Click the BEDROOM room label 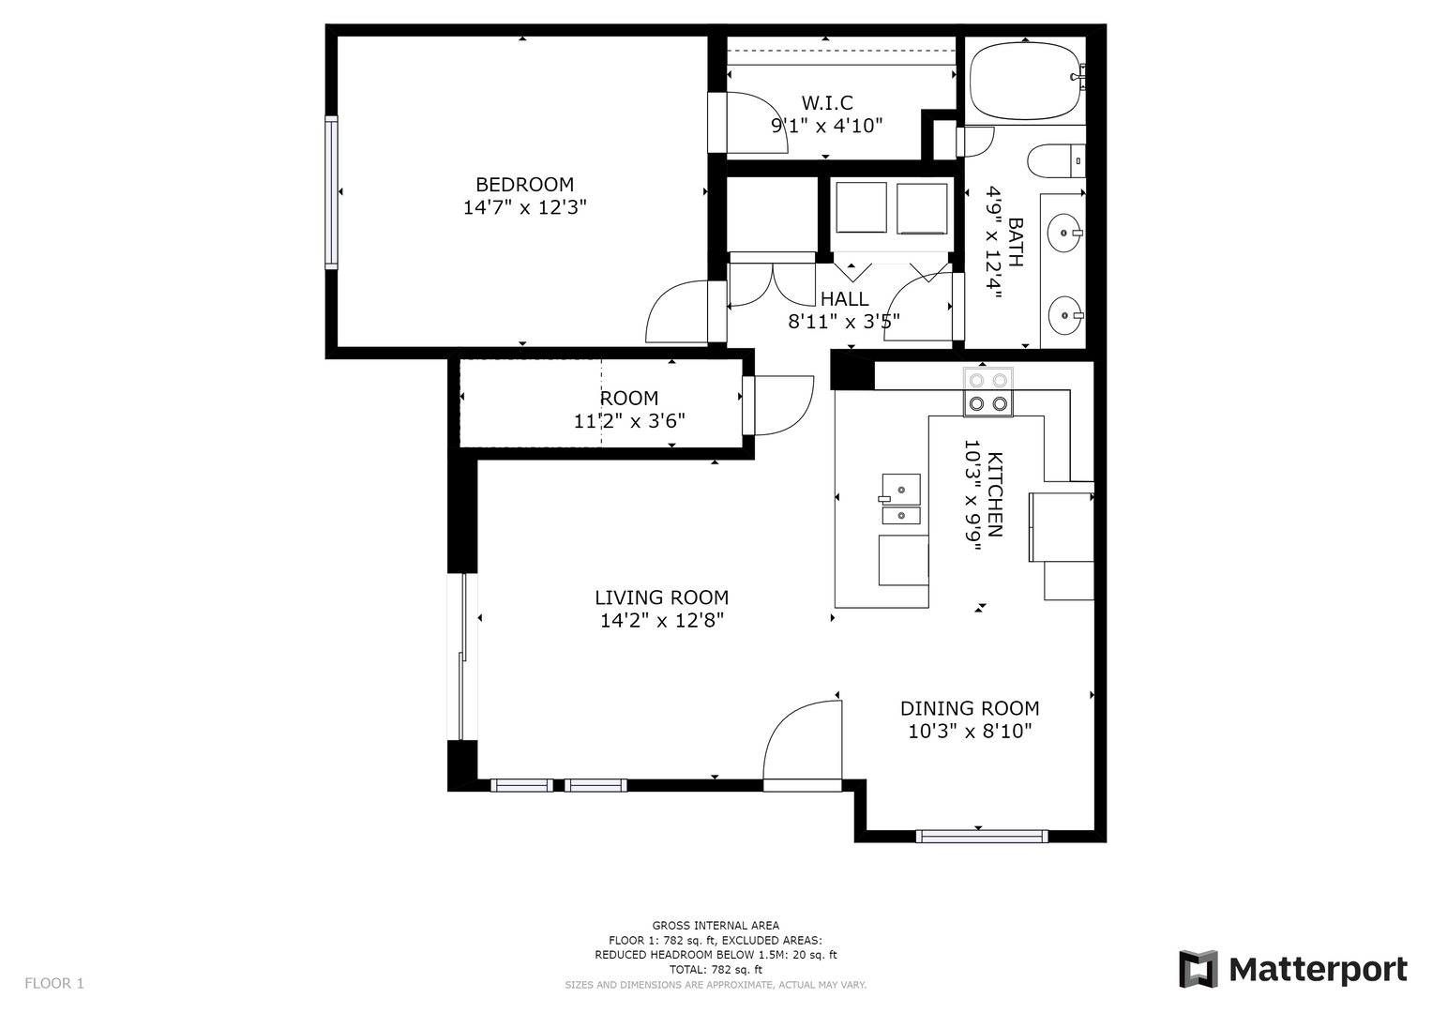[524, 185]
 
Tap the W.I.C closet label [827, 103]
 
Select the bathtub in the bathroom [1025, 82]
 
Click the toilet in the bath [1056, 160]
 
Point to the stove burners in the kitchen [988, 392]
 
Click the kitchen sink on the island [900, 499]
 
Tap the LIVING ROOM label [662, 598]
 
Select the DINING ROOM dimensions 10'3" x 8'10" [970, 731]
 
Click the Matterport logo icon [1198, 969]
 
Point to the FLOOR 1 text [54, 984]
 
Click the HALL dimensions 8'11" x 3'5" [844, 322]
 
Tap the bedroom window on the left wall [331, 192]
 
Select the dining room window [982, 836]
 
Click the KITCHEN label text [995, 494]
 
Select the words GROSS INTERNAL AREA [716, 926]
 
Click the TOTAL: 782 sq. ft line [716, 970]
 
